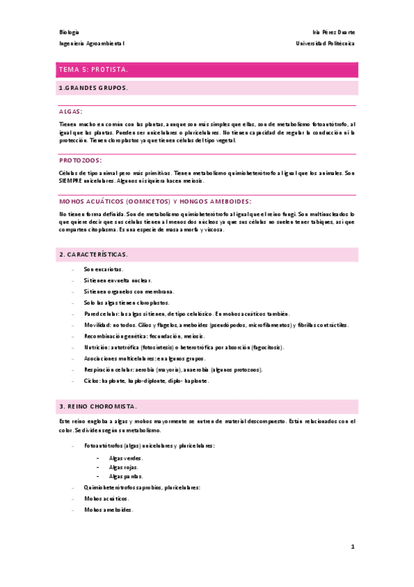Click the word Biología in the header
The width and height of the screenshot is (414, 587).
tap(69, 33)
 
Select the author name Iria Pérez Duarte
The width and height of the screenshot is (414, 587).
tap(334, 33)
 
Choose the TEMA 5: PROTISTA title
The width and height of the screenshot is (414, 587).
tap(93, 70)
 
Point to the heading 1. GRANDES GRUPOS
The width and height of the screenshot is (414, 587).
tap(93, 88)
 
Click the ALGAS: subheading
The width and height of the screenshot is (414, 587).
tap(71, 111)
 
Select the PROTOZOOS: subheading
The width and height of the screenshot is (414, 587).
tap(80, 159)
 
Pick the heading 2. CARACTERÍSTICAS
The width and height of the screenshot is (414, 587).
tap(93, 255)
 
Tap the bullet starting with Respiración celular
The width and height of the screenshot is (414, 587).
tap(173, 370)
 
